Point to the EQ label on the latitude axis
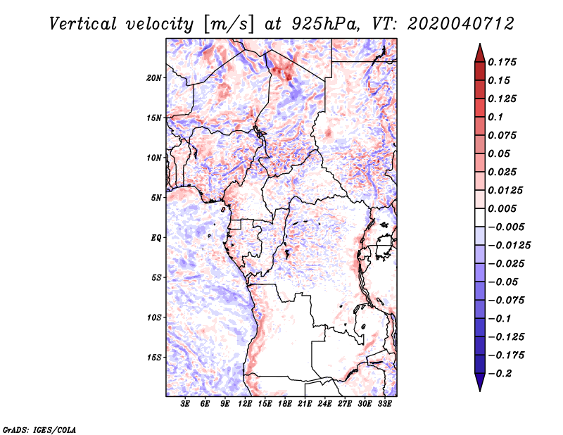pyautogui.click(x=156, y=238)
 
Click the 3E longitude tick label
pyautogui.click(x=186, y=405)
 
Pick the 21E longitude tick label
pyautogui.click(x=305, y=405)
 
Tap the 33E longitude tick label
pyautogui.click(x=384, y=405)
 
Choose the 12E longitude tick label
pyautogui.click(x=245, y=405)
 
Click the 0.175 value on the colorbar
pyautogui.click(x=504, y=62)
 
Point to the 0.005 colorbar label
pyautogui.click(x=504, y=209)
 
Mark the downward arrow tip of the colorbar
pyautogui.click(x=479, y=389)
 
